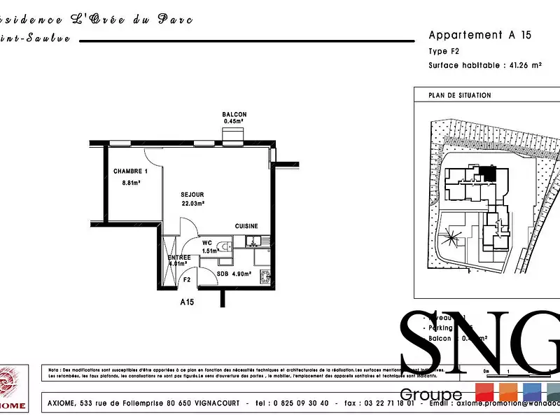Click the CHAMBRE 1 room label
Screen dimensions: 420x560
[131, 171]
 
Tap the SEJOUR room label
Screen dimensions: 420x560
[192, 195]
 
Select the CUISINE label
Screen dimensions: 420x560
[246, 226]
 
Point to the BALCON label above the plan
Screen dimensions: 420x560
[234, 115]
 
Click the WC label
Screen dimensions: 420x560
[207, 243]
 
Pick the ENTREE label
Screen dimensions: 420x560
[179, 258]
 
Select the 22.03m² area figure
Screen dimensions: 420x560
[192, 204]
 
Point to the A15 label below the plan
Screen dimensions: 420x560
[187, 302]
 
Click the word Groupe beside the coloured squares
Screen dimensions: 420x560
[430, 395]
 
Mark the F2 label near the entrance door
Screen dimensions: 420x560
[187, 279]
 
